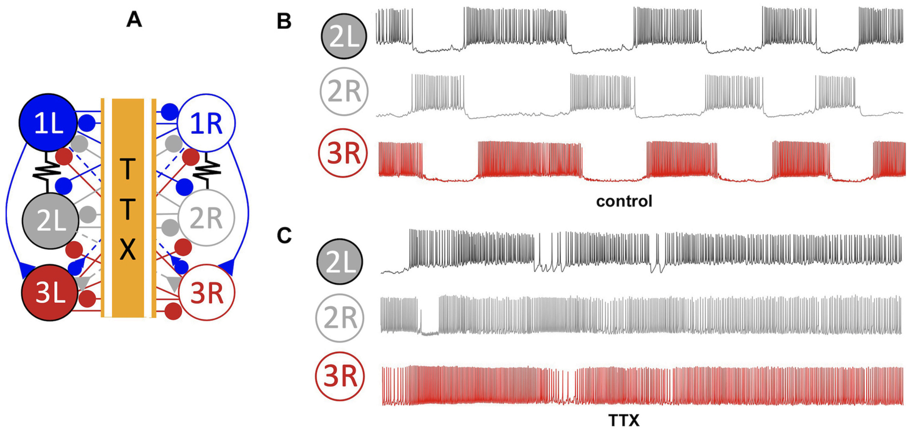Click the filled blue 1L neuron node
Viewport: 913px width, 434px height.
tap(48, 122)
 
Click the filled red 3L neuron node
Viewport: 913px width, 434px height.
tap(50, 292)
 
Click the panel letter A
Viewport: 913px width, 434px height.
tap(134, 20)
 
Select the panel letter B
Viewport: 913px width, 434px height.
tap(284, 21)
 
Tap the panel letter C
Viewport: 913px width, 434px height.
tap(284, 235)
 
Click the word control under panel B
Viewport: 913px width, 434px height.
tap(624, 201)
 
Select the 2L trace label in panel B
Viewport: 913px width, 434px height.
tap(343, 36)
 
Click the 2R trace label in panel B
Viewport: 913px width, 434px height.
tap(344, 92)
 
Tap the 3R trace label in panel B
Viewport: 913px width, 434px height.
tap(343, 153)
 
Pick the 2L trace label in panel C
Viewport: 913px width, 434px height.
tap(340, 262)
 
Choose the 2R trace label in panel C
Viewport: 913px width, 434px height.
tap(340, 318)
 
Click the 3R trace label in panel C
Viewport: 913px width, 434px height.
tap(340, 376)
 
